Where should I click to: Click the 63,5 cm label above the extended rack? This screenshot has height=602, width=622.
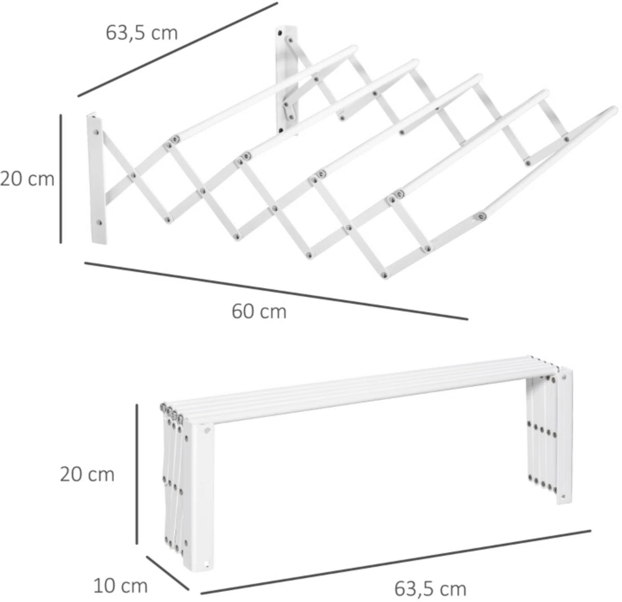[142, 33]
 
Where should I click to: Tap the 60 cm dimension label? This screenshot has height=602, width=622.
[259, 312]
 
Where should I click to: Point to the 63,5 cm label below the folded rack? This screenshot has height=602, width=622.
[430, 580]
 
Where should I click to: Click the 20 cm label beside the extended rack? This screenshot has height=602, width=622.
[27, 179]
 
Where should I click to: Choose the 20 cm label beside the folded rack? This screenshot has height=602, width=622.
[87, 475]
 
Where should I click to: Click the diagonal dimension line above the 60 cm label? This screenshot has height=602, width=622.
[276, 291]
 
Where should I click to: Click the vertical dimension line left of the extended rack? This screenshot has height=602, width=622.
[61, 179]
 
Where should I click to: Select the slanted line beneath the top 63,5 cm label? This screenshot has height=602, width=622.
[178, 49]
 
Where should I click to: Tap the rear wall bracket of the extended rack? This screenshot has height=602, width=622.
[287, 80]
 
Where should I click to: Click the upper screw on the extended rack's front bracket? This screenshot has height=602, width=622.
[95, 131]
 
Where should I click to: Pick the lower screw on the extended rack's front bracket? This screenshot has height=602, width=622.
[100, 222]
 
